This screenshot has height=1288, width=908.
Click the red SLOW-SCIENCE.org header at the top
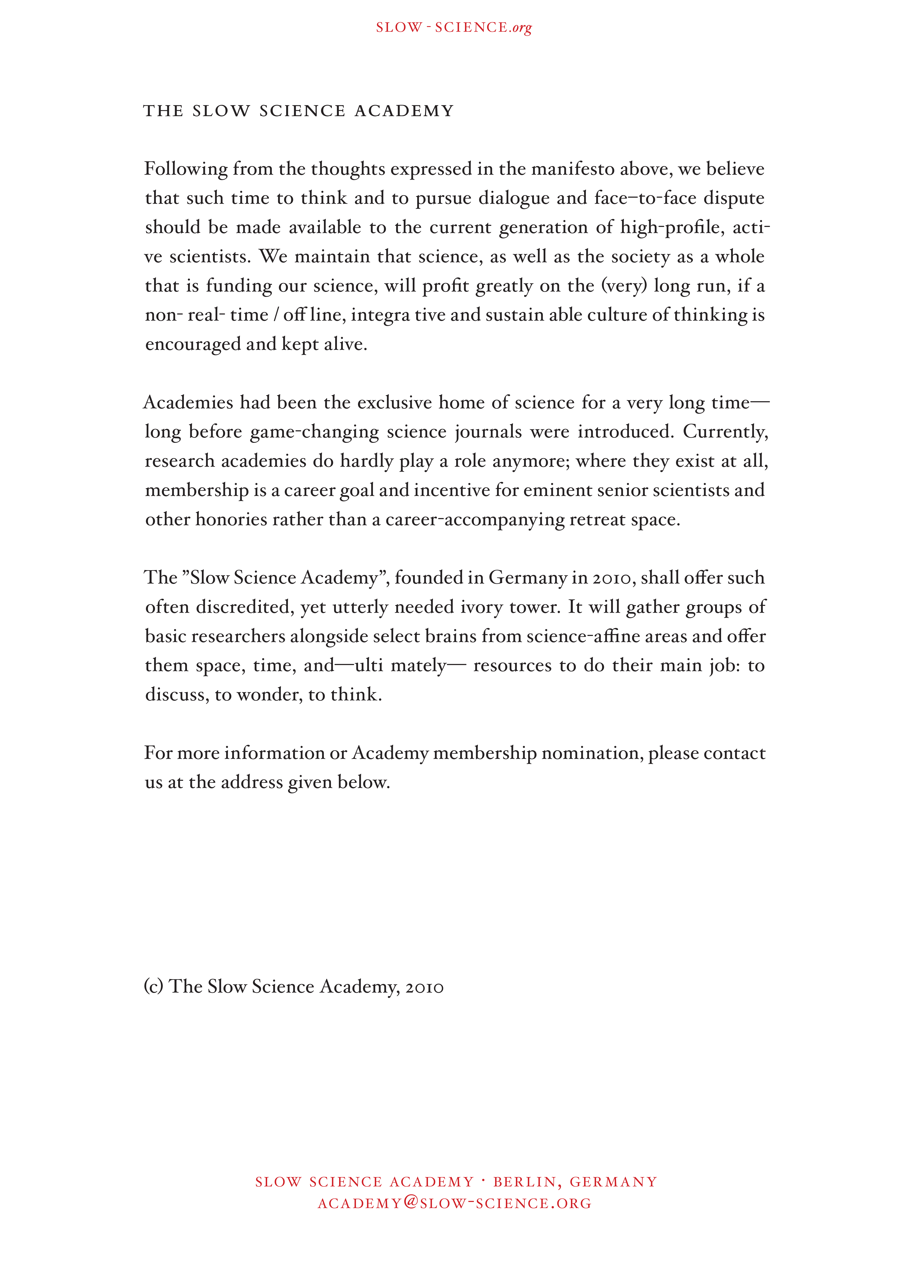[453, 28]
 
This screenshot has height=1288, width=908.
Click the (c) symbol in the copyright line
[153, 987]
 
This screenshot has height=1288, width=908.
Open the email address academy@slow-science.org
[455, 1203]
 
